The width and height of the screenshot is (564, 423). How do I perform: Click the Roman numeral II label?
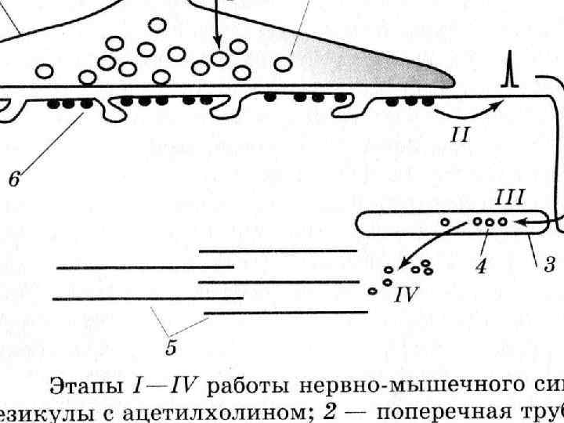click(x=460, y=135)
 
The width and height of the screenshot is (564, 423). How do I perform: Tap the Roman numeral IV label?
click(x=409, y=295)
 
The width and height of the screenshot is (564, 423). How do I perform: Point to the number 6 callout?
click(x=15, y=179)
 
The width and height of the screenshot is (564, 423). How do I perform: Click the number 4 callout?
click(x=480, y=266)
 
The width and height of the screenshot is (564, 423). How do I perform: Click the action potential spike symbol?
click(x=508, y=75)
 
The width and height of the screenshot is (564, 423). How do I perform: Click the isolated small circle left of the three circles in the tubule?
click(x=445, y=223)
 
